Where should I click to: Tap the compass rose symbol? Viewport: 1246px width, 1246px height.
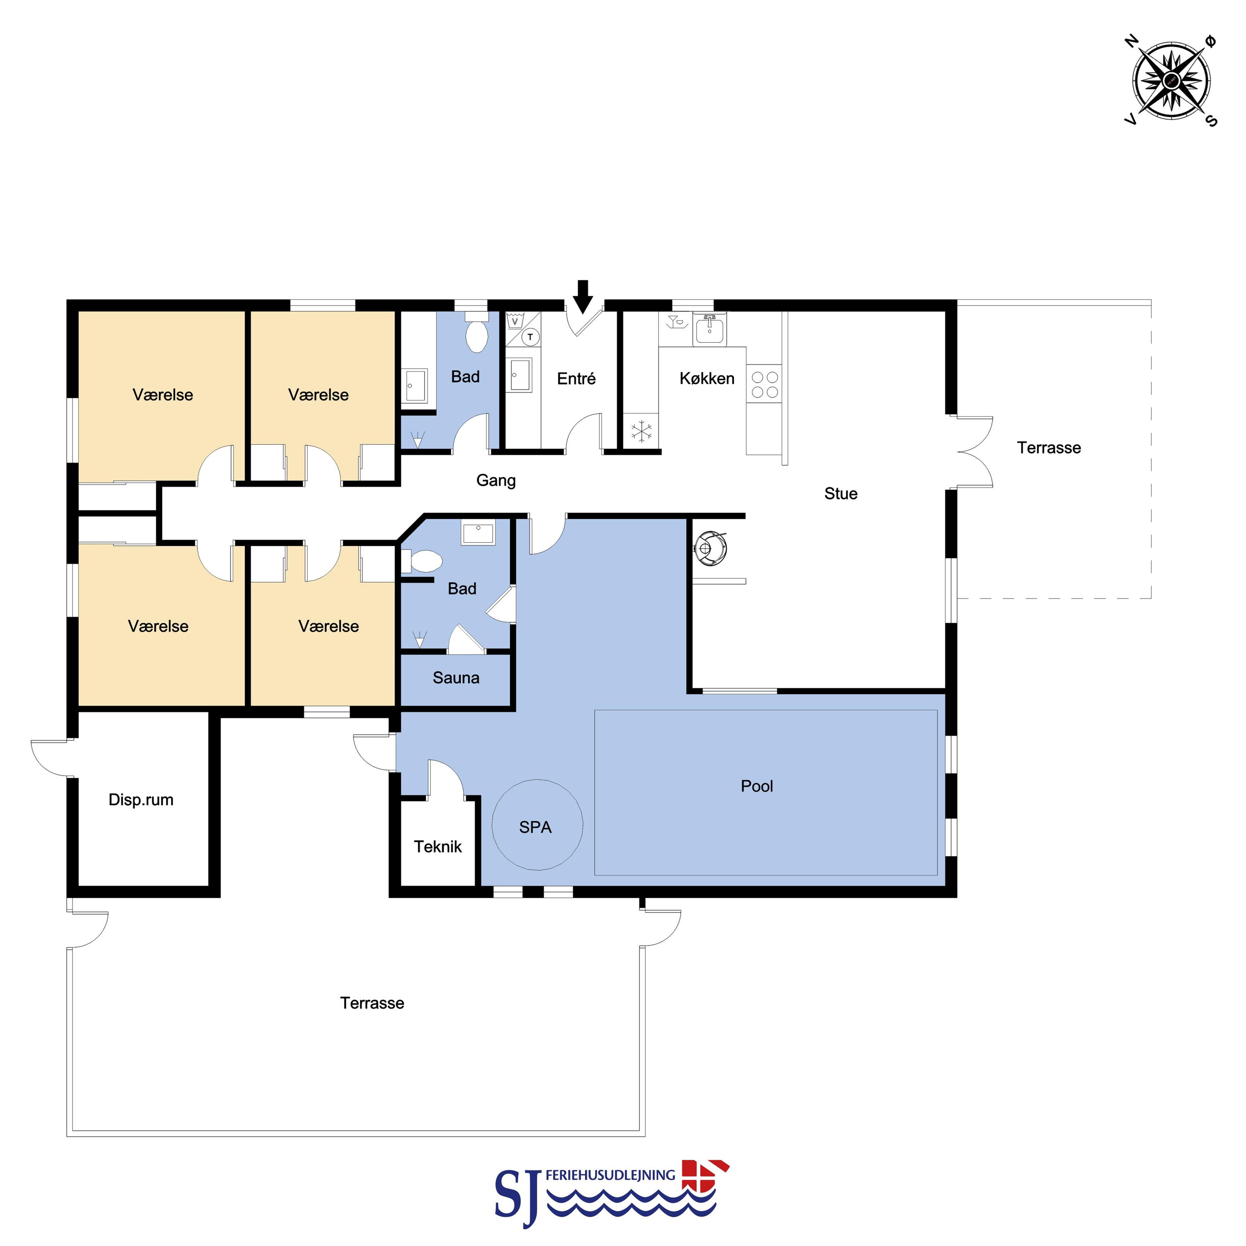1171,81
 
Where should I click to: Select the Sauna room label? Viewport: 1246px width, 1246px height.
456,678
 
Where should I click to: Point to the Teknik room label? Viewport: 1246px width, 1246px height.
438,847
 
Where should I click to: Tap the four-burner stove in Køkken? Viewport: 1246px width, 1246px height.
765,384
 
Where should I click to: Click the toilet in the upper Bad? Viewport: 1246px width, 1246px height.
477,333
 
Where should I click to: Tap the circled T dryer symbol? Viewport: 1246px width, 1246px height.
530,337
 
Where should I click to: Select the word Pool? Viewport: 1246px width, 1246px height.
757,786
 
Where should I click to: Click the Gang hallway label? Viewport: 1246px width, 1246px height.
496,480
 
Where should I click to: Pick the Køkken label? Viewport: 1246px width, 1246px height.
707,378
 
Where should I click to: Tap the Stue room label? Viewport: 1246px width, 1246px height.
841,494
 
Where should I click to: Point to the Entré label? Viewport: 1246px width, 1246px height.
576,378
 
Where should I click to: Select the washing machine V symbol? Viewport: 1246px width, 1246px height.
515,321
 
